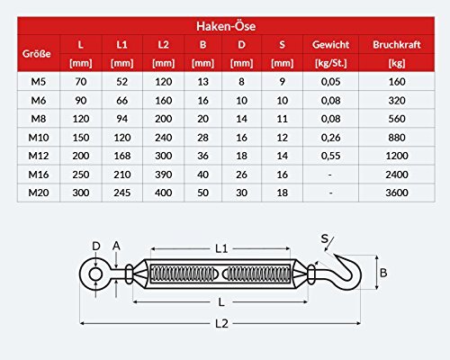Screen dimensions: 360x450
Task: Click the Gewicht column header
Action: point(330,43)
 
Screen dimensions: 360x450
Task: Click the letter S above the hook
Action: point(323,238)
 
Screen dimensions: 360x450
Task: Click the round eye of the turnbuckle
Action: point(92,272)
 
